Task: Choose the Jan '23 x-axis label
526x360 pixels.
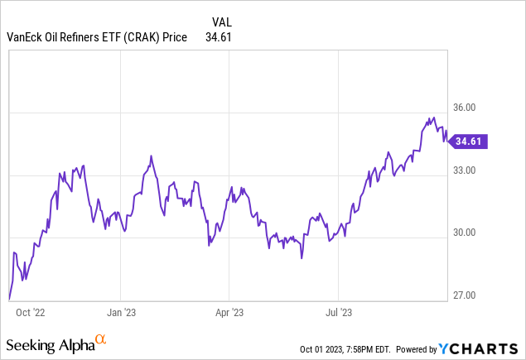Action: point(121,313)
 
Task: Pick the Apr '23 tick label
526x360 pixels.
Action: point(229,313)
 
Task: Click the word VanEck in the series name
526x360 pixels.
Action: point(24,36)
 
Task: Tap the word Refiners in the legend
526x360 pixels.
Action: point(80,36)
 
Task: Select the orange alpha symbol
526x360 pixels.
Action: point(101,339)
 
